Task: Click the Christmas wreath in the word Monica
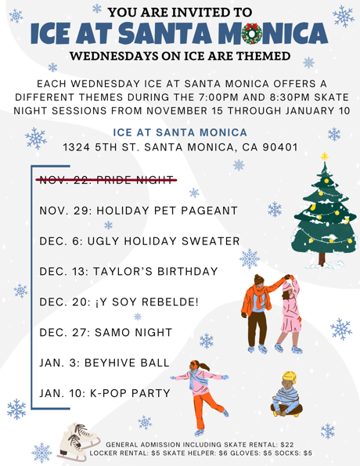pos(252,33)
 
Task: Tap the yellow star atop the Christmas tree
pos(324,157)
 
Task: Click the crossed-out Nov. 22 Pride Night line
pos(106,179)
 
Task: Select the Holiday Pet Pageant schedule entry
pos(139,211)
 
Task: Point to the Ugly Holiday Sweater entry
pos(139,241)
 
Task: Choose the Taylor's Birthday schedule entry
pos(128,271)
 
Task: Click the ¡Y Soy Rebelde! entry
pos(119,302)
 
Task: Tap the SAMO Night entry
pos(106,332)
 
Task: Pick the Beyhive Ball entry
pos(104,363)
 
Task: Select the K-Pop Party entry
pos(105,393)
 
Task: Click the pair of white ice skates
pos(77,441)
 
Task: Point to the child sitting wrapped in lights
pos(286,394)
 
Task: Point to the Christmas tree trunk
pos(322,258)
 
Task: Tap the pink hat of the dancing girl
pos(288,286)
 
